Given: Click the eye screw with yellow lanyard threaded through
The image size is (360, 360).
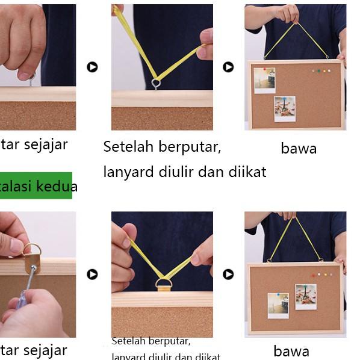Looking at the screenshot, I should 156,82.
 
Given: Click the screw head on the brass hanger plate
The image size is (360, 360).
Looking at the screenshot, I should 34,268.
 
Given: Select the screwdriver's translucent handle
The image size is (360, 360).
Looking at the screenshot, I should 21,299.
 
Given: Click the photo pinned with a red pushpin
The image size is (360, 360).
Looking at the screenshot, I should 264,80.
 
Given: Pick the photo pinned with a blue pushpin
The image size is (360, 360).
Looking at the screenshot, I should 278,305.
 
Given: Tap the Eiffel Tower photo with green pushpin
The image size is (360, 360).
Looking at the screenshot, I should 306,296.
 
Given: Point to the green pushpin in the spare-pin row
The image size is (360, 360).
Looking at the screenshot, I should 321,71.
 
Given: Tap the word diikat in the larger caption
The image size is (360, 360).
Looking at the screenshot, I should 247,172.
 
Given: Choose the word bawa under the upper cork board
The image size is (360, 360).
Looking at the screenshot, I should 299,149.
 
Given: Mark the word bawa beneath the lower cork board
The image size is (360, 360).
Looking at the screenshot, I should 291,351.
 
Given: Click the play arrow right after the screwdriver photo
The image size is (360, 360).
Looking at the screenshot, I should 92,275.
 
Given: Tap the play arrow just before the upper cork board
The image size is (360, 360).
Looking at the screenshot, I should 228,67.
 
